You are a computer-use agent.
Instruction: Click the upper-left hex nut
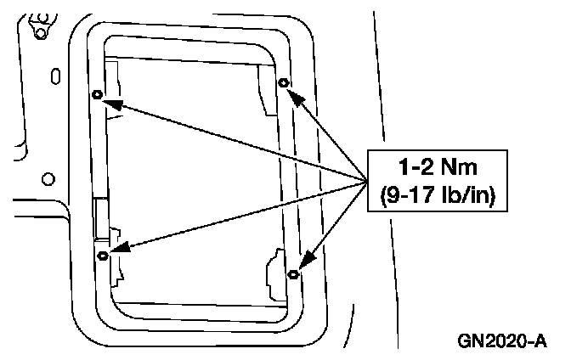point(97,95)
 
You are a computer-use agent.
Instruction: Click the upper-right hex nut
point(284,83)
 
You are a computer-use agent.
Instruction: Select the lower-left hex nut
point(103,255)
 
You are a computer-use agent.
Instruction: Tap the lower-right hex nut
point(293,273)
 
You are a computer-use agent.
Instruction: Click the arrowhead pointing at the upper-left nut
point(113,104)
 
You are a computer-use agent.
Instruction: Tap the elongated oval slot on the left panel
point(56,76)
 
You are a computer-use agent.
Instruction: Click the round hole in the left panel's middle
point(48,178)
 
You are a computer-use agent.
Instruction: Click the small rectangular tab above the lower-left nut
point(101,217)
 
